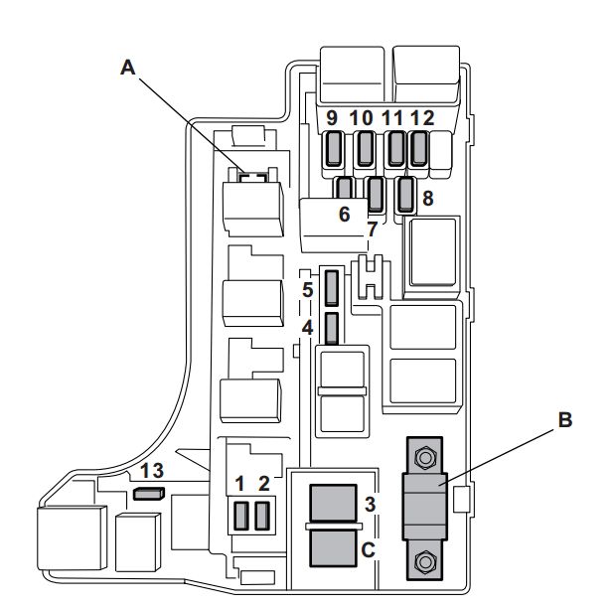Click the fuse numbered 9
pyautogui.click(x=333, y=149)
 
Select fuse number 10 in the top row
pyautogui.click(x=365, y=149)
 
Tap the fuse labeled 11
pyautogui.click(x=395, y=149)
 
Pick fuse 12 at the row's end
pyautogui.click(x=419, y=149)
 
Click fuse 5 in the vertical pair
pyautogui.click(x=333, y=288)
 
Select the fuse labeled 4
pyautogui.click(x=333, y=326)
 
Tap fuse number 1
pyautogui.click(x=239, y=515)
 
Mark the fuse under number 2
pyautogui.click(x=262, y=515)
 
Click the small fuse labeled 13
pyautogui.click(x=147, y=492)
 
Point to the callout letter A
pyautogui.click(x=126, y=67)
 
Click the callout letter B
pyautogui.click(x=563, y=420)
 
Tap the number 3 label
pyautogui.click(x=370, y=504)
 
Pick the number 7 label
pyautogui.click(x=372, y=229)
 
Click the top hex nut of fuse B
pyautogui.click(x=425, y=458)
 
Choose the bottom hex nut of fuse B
pyautogui.click(x=425, y=562)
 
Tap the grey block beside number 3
pyautogui.click(x=334, y=502)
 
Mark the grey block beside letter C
pyautogui.click(x=334, y=547)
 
